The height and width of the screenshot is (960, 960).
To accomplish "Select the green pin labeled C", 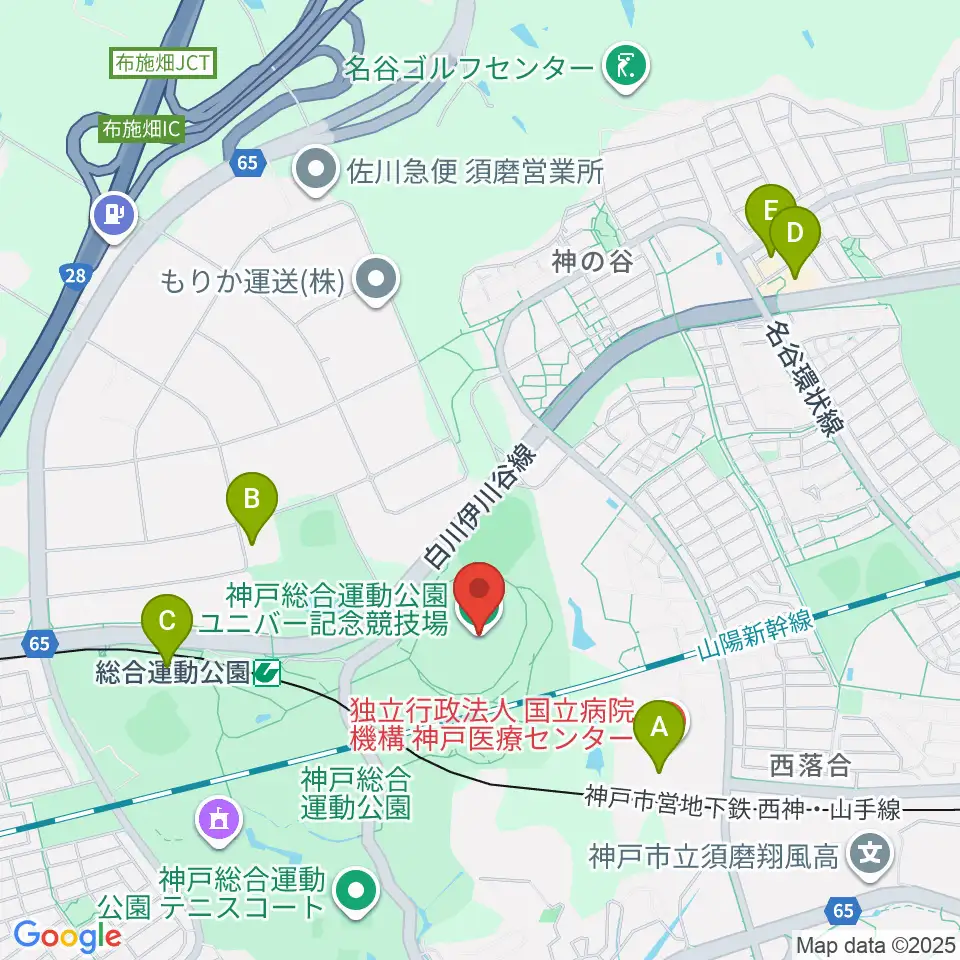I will pos(166,626).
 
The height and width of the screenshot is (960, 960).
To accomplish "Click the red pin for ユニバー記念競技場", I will pos(479,596).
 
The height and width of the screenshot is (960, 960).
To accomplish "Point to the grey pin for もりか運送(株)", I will pos(376,280).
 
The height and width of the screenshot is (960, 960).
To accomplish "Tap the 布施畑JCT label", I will pos(161,63).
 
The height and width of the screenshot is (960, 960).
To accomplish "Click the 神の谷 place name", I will pos(592,263).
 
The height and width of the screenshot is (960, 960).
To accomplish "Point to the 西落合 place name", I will pos(810,767).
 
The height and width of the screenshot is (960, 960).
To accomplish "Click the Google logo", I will pos(67,935).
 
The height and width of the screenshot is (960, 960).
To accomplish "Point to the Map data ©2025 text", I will pos(873,943).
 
